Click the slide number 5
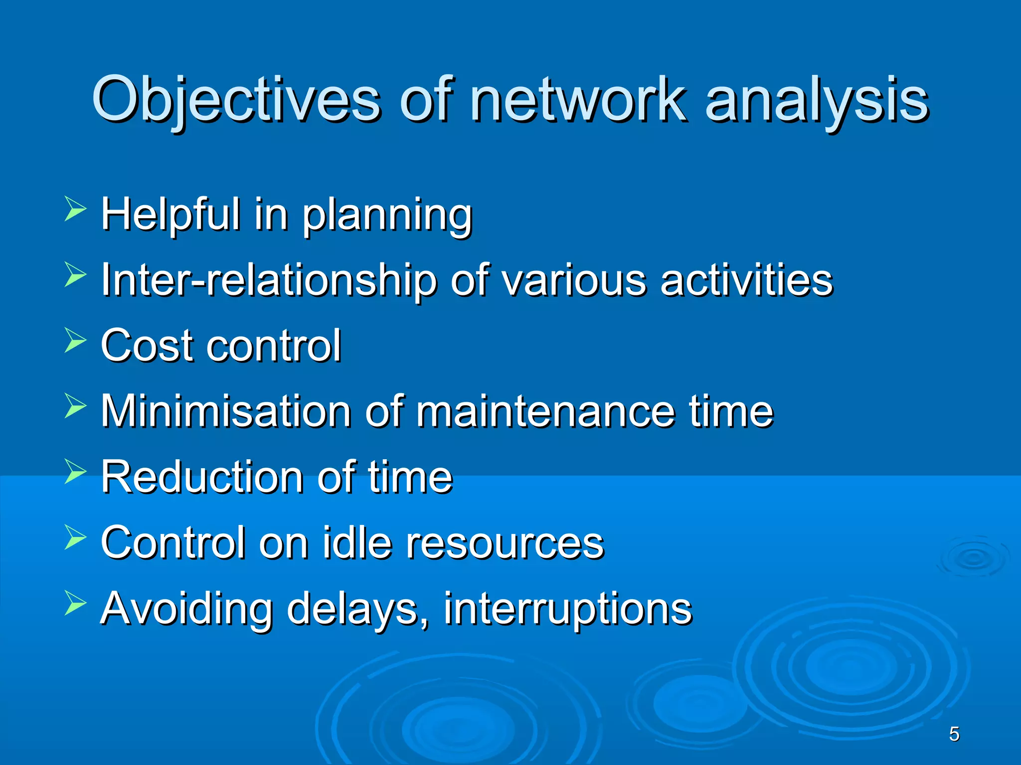click(954, 734)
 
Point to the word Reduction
click(202, 477)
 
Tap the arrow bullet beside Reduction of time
click(75, 471)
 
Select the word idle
click(356, 542)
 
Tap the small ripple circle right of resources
click(973, 558)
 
